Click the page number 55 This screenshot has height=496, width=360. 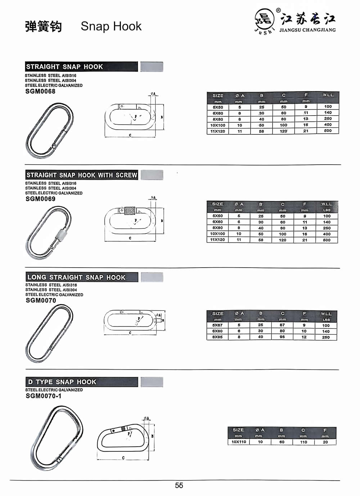[179, 486]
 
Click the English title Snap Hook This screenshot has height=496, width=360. [111, 26]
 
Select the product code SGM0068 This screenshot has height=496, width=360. [40, 91]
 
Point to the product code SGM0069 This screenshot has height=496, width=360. [40, 199]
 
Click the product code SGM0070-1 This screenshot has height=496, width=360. [44, 396]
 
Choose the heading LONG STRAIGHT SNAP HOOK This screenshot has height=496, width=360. [76, 277]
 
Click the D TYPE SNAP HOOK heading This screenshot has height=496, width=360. [62, 382]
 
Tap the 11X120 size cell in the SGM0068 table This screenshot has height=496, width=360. [218, 131]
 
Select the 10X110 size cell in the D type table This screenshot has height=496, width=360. [239, 442]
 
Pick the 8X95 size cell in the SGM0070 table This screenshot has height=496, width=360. [217, 337]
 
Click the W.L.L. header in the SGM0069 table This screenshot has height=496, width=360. [327, 204]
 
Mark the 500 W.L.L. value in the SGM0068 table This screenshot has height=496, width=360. [328, 131]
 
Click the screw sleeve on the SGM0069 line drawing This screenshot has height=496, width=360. [129, 210]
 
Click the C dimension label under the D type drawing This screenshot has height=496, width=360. [123, 458]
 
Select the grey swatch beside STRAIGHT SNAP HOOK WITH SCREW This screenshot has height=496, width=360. [152, 175]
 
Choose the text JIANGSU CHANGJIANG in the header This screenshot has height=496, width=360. [307, 30]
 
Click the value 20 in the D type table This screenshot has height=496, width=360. [325, 442]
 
